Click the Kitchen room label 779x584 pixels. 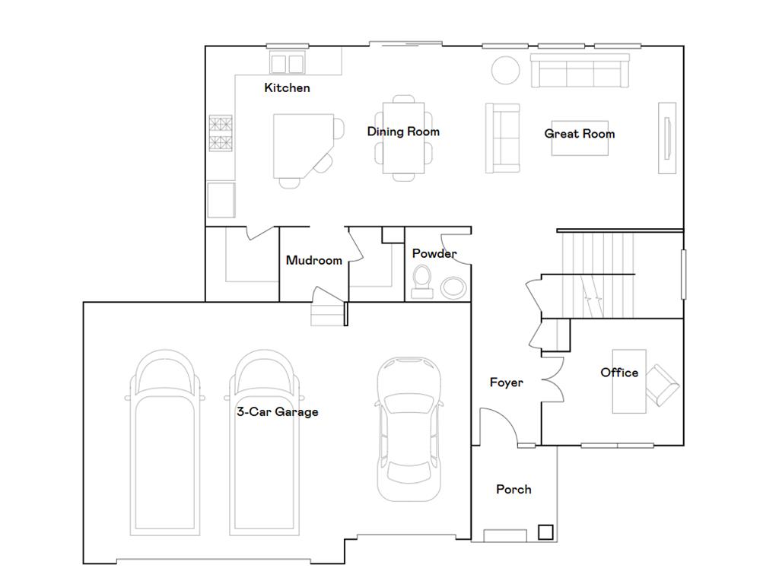click(287, 87)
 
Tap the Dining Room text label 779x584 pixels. click(403, 132)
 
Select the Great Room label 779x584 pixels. click(580, 134)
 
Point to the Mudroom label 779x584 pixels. click(313, 260)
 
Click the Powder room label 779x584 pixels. click(434, 253)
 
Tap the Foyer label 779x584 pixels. click(506, 382)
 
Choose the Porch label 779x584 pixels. click(514, 489)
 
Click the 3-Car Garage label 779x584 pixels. click(277, 412)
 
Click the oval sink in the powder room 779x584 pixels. click(453, 287)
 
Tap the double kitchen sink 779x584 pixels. click(287, 62)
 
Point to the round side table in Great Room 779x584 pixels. click(505, 70)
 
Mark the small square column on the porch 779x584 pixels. click(545, 532)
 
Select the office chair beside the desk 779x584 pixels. click(662, 385)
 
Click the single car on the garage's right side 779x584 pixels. click(409, 430)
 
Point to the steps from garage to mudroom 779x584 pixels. click(327, 314)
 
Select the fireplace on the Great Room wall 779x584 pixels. click(667, 138)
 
